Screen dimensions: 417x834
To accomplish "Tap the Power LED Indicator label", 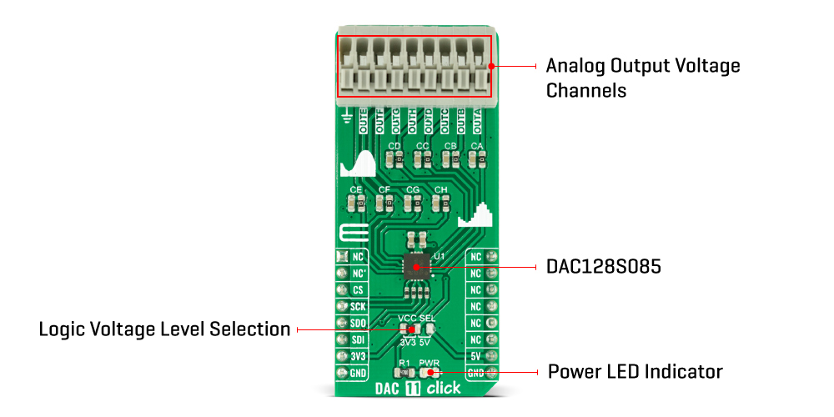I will [635, 371].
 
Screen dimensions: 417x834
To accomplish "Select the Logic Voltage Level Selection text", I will [164, 329].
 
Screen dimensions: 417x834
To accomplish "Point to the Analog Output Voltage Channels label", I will [642, 78].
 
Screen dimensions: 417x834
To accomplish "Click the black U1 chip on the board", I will [416, 267].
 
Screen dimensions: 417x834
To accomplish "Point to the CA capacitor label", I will [477, 147].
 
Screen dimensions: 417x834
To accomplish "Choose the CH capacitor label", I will [441, 191].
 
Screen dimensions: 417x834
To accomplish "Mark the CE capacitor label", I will [356, 191].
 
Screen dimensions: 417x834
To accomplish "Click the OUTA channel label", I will [478, 123].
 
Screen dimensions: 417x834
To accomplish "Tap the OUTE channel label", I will [363, 123].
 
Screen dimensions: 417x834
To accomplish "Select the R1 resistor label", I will [404, 363].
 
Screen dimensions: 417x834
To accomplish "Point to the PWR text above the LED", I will [429, 363].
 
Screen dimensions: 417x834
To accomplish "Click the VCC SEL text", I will [417, 319].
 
